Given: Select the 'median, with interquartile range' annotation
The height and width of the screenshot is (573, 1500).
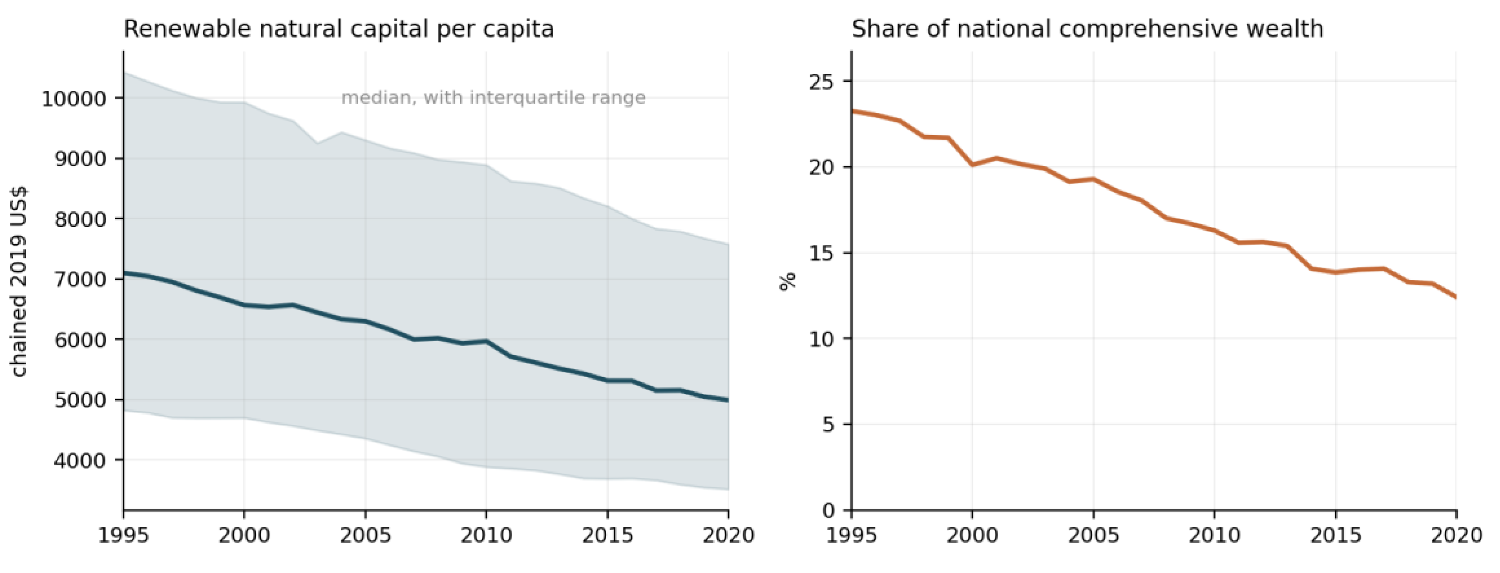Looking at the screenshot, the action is tap(493, 97).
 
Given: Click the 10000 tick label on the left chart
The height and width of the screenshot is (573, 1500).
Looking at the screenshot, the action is tap(74, 99).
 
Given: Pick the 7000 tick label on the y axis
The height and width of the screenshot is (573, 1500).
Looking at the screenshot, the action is tap(81, 279).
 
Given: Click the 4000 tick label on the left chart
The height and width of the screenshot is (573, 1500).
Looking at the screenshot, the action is tap(81, 461).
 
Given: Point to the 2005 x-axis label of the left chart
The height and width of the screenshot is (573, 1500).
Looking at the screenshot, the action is tap(365, 535).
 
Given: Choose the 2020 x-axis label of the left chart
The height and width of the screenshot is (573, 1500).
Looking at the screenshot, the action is tap(728, 535).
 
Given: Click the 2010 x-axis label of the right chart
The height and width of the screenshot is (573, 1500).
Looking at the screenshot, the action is tap(1214, 535).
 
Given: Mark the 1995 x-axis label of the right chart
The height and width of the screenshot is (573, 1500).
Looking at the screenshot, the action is tap(851, 535).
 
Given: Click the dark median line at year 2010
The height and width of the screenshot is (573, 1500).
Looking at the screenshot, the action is tap(486, 341).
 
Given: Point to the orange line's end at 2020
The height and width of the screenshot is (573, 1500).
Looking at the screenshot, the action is tap(1456, 297).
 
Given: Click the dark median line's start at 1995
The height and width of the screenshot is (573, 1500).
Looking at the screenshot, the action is tap(124, 273).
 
